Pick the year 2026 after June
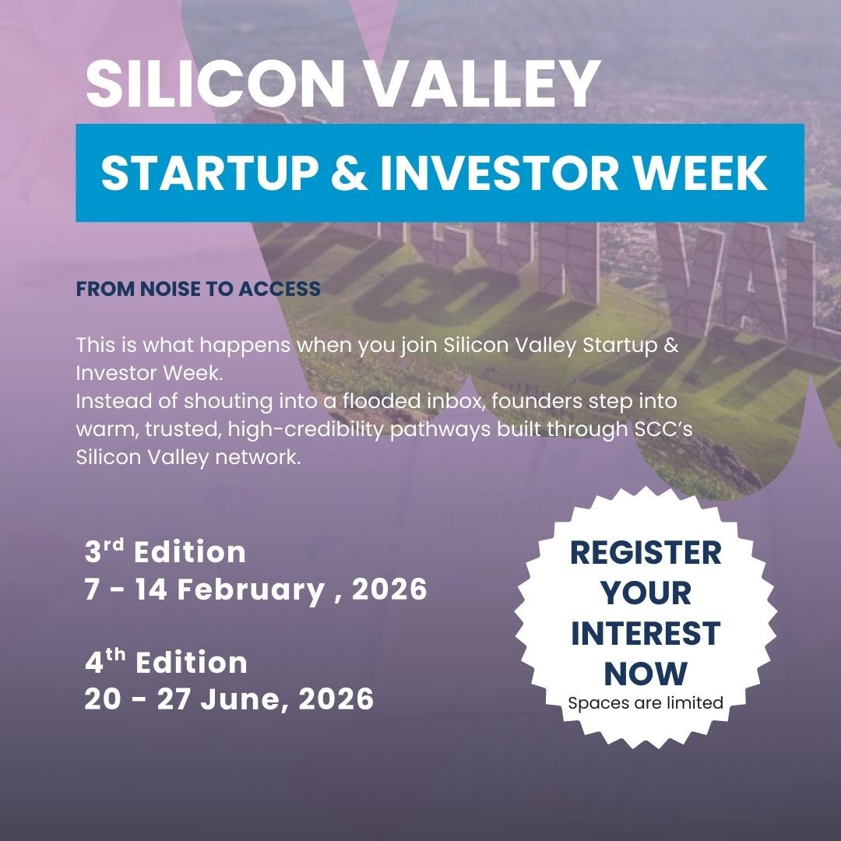(x=336, y=699)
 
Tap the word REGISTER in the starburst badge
(x=646, y=553)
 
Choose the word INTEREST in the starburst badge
(x=646, y=633)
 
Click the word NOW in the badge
(x=646, y=673)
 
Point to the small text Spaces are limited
(x=646, y=703)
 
